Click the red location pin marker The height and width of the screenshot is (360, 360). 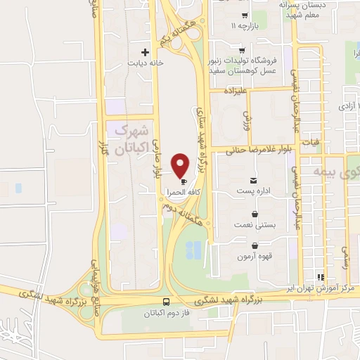click(x=181, y=165)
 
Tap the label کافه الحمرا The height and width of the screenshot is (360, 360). click(x=181, y=191)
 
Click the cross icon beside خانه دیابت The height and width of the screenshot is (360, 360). click(x=146, y=51)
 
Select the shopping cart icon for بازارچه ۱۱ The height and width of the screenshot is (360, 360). click(x=244, y=15)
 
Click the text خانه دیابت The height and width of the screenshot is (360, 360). click(x=144, y=63)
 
